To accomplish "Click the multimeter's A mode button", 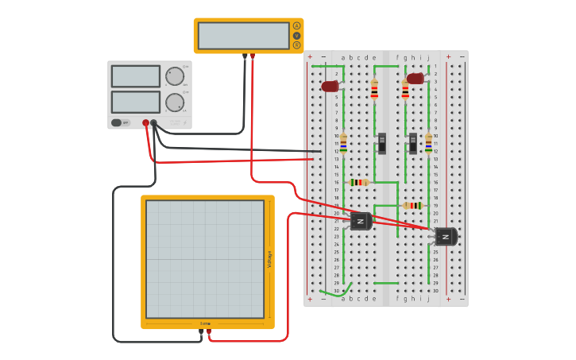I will (297, 25).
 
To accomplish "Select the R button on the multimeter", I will (297, 45).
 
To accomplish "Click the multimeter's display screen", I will (243, 36).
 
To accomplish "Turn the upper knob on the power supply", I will (174, 75).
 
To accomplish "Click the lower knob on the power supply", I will (174, 102).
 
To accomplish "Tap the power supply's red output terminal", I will (145, 123).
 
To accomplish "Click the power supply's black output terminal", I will (154, 123).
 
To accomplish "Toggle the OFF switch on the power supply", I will (117, 122).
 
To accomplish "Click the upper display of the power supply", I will (136, 76).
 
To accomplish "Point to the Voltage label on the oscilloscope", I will (269, 258).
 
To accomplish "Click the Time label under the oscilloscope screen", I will (205, 323).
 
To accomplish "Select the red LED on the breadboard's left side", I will (330, 86).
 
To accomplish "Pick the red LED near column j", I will (415, 79).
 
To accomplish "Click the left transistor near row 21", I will (361, 221).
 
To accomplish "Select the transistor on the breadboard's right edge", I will (446, 236).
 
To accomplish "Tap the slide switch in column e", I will (382, 143).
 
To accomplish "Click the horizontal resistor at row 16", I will (359, 182).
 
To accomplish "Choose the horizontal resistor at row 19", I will (412, 205).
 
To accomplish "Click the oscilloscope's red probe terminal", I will (209, 331).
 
